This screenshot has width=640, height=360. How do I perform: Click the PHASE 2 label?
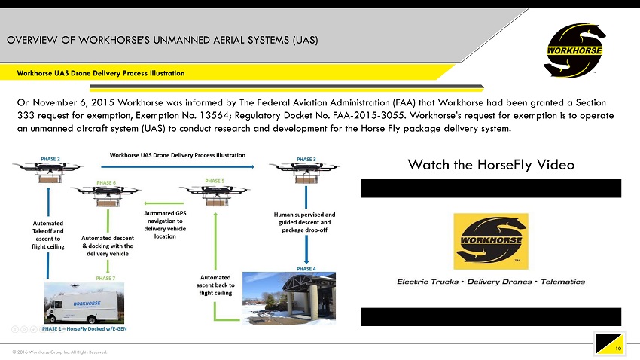click(x=50, y=159)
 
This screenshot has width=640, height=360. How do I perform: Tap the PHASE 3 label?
click(x=306, y=159)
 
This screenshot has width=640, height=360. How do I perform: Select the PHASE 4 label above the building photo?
click(x=306, y=268)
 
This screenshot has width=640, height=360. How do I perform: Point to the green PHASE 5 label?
click(x=215, y=181)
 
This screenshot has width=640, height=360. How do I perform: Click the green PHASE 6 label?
click(x=105, y=182)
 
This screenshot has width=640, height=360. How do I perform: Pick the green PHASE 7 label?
click(x=105, y=278)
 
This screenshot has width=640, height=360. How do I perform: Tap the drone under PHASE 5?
click(x=215, y=195)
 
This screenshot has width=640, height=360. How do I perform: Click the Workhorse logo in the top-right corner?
click(x=574, y=50)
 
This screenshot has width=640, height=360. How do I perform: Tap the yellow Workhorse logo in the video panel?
click(x=490, y=241)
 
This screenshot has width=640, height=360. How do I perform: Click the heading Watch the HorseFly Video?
click(x=490, y=164)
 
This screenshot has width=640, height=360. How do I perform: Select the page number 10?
click(x=617, y=349)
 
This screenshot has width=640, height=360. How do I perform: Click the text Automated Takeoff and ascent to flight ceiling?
click(x=48, y=234)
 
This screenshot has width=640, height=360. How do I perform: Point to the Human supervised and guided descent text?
click(x=304, y=223)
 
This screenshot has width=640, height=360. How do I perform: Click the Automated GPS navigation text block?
click(x=165, y=224)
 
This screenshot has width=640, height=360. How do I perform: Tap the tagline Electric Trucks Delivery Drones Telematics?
click(x=491, y=282)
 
